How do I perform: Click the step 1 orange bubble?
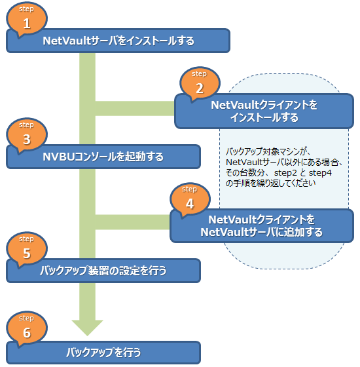[x=27, y=19]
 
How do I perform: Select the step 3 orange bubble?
[x=27, y=135]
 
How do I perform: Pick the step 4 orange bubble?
[x=190, y=200]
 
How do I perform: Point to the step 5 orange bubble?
[x=27, y=250]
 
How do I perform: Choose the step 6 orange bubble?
[x=27, y=328]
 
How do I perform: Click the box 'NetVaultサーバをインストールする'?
[x=118, y=41]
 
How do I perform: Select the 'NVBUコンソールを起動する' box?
[x=103, y=157]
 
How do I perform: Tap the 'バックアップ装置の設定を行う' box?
[x=103, y=271]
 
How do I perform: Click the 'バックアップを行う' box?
[x=103, y=353]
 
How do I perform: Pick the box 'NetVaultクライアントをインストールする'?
[x=264, y=111]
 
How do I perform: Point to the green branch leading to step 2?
[x=135, y=108]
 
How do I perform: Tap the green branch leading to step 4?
[x=132, y=222]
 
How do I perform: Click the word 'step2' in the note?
[x=285, y=173]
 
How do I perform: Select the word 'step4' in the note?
[x=320, y=173]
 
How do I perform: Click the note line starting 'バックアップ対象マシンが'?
[x=268, y=151]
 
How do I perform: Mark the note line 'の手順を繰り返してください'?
[x=271, y=183]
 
